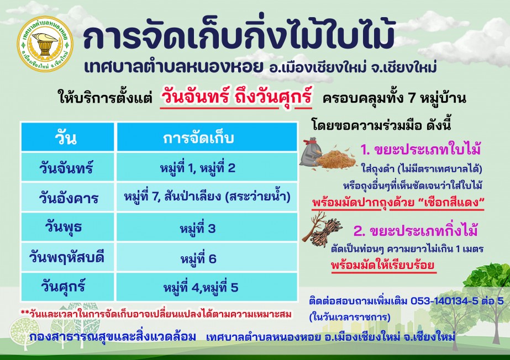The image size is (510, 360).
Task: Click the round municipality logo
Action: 45,44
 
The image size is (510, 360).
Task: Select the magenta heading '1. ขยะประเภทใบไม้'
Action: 420,150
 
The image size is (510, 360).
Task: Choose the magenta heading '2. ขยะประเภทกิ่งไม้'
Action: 416,231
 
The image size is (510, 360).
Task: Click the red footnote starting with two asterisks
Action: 156,314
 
